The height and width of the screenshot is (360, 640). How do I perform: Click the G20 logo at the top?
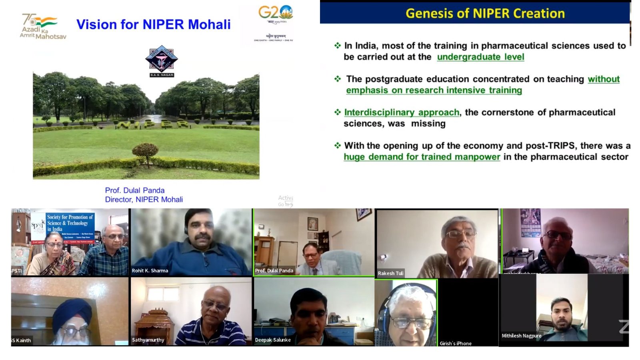[275, 13]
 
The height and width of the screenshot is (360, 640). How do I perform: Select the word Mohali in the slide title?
[209, 24]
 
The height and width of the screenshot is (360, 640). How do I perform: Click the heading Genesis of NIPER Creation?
[485, 14]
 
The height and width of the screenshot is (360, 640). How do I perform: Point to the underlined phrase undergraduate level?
[480, 57]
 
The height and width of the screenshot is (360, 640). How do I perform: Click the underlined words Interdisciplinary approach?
[402, 112]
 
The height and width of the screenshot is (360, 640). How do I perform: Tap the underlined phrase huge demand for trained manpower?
[422, 157]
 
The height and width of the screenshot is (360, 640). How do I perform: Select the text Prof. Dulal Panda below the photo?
[135, 190]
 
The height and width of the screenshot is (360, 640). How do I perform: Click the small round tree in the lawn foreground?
[145, 152]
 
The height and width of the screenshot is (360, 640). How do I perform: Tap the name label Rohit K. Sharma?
[150, 271]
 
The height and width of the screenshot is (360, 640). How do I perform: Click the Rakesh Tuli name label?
[390, 273]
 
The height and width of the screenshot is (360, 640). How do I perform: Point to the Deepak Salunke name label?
[273, 340]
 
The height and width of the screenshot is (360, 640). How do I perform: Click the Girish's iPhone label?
[455, 343]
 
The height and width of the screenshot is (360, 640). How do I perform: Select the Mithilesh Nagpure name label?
[521, 336]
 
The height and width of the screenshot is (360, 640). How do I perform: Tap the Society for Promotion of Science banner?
[70, 223]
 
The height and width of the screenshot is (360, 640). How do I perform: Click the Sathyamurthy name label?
[148, 340]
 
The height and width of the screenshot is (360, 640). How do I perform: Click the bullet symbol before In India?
[338, 46]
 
